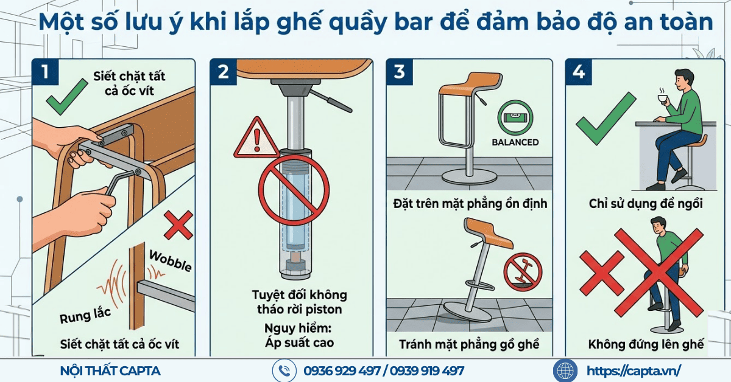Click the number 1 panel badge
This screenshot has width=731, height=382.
point(46,72)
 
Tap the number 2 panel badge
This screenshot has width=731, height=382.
point(224,72)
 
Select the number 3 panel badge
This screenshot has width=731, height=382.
point(400,72)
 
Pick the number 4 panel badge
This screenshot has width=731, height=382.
point(579,72)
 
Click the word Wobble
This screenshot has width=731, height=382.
point(171,260)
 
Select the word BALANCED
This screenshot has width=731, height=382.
point(515,142)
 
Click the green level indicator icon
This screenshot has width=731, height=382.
point(515,119)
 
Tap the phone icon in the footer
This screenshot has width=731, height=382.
point(283,370)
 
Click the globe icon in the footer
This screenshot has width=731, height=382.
point(564,370)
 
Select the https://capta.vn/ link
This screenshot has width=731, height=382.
point(634,370)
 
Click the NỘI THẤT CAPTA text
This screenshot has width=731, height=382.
point(111,370)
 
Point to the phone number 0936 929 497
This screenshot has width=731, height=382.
point(342,370)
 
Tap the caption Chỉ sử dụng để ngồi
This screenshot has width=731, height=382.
point(646,204)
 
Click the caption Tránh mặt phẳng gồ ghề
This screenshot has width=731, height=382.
point(469,344)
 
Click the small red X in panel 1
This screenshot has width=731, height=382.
point(177,226)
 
